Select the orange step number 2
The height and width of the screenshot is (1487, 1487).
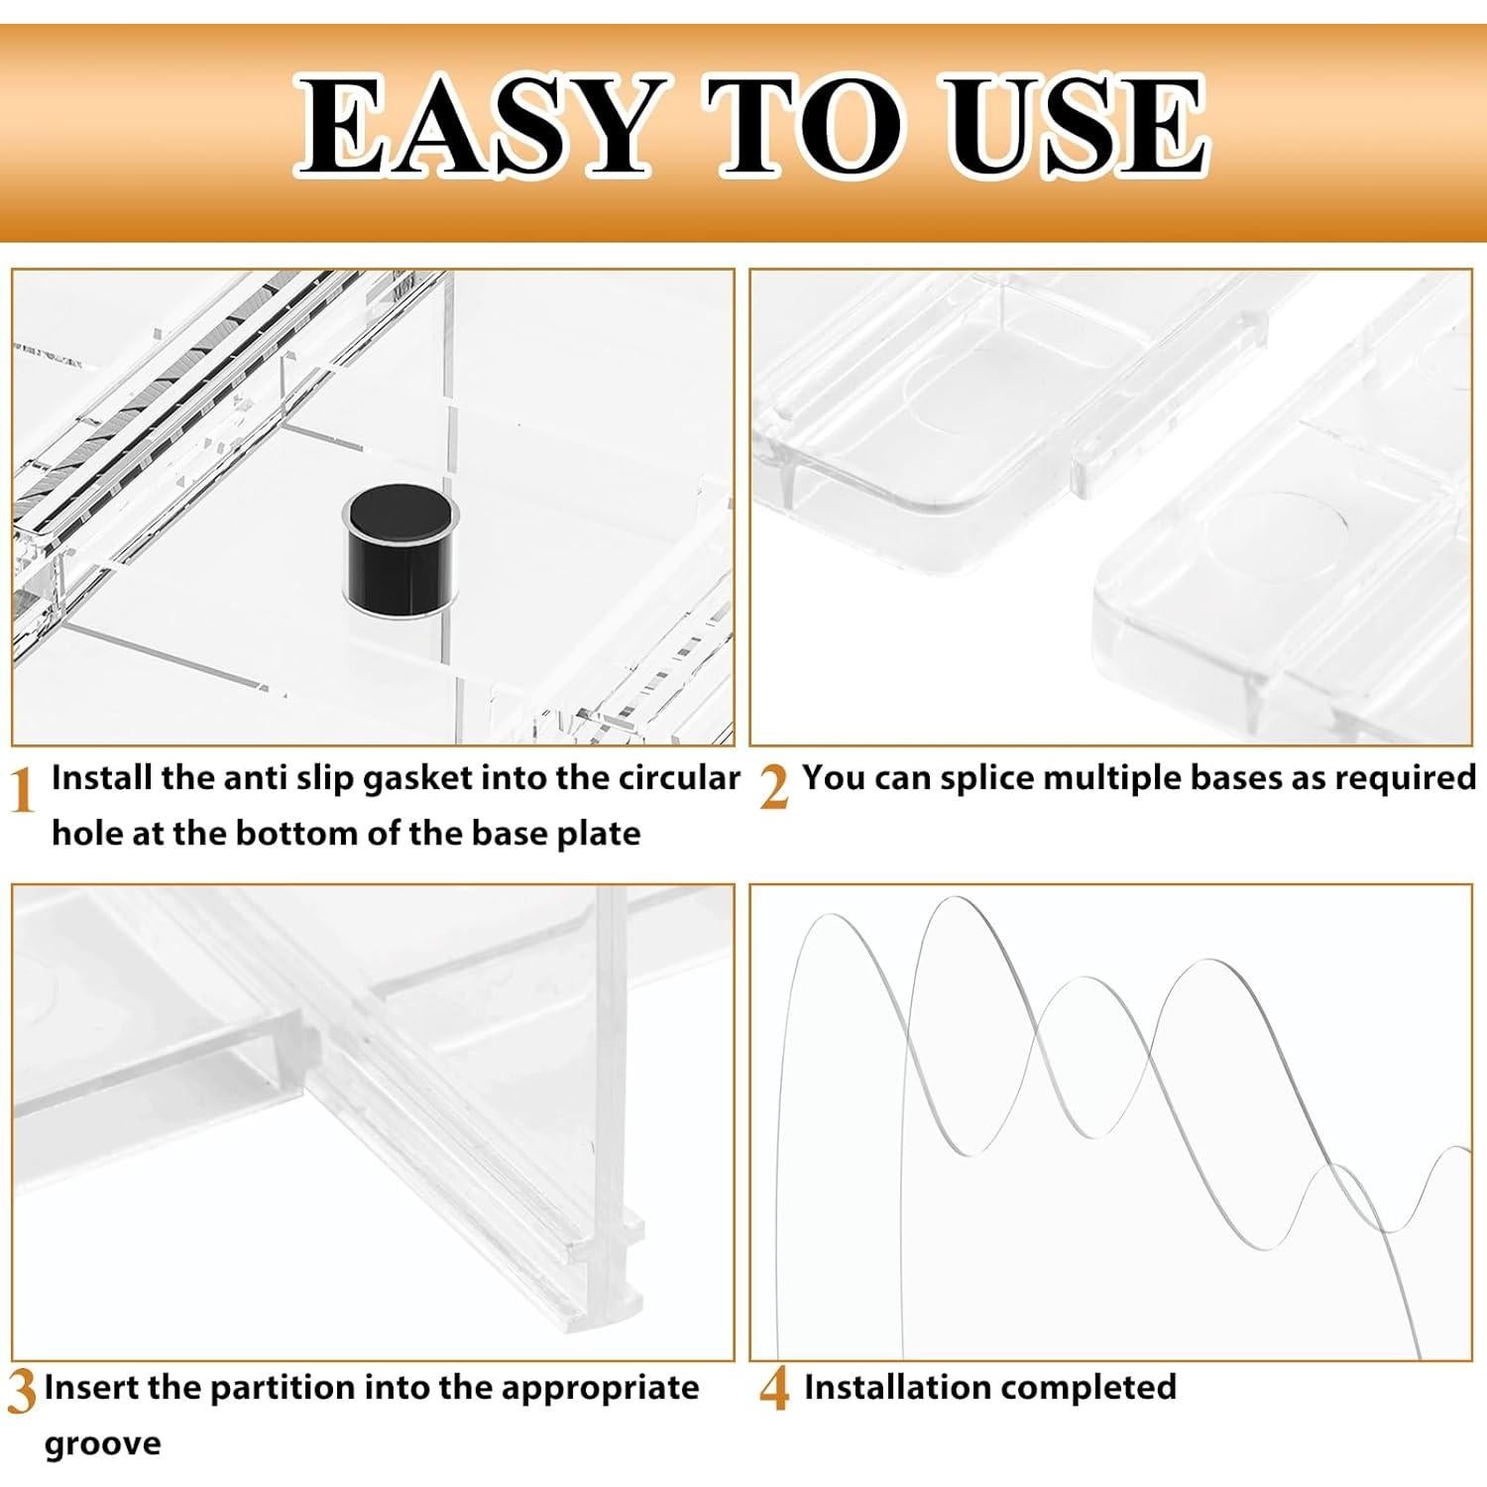[774, 790]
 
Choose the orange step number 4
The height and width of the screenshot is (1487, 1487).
[774, 1393]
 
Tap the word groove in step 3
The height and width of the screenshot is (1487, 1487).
[102, 1443]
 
